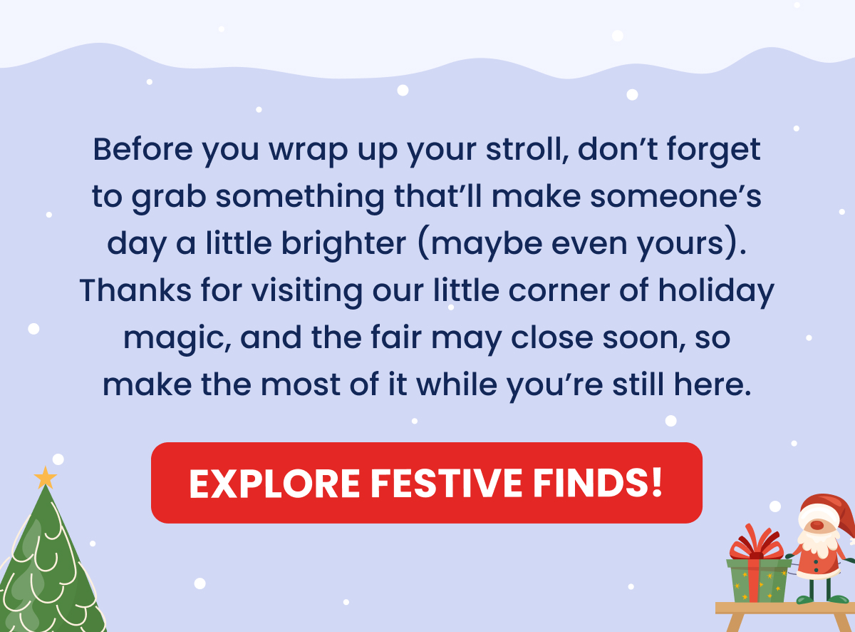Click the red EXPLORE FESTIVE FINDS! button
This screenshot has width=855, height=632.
(426, 483)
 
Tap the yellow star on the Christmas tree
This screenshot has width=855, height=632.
(46, 477)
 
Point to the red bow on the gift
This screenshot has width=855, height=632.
(756, 544)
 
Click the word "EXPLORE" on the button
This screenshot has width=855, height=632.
(276, 484)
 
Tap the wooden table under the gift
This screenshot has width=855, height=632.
(784, 608)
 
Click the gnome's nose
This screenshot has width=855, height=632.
(817, 525)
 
